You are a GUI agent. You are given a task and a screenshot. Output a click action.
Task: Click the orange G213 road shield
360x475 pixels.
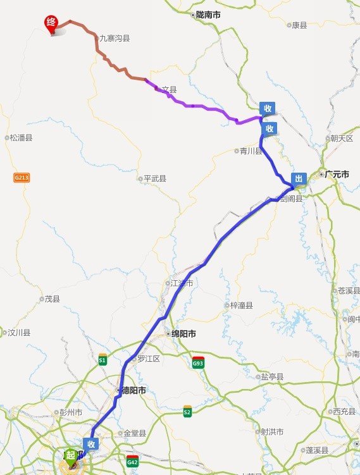[x=22, y=178]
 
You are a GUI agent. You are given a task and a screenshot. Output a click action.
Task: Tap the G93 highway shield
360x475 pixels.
[x=198, y=362]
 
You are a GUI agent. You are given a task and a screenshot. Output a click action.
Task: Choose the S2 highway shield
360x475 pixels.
[x=187, y=410]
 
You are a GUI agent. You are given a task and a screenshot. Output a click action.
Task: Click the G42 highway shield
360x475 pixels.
[x=132, y=460]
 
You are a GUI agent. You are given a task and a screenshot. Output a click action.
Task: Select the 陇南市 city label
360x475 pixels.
[x=208, y=13]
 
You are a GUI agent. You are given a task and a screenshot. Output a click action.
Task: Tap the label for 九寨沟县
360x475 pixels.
[x=115, y=38]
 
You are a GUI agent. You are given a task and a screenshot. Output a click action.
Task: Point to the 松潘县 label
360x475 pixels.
[x=21, y=137]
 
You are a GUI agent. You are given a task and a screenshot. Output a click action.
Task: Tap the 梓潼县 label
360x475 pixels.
[x=241, y=305]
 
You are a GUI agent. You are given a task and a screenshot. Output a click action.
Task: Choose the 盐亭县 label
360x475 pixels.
[x=273, y=376]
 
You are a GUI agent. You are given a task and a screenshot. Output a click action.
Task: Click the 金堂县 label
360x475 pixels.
[x=135, y=433]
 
